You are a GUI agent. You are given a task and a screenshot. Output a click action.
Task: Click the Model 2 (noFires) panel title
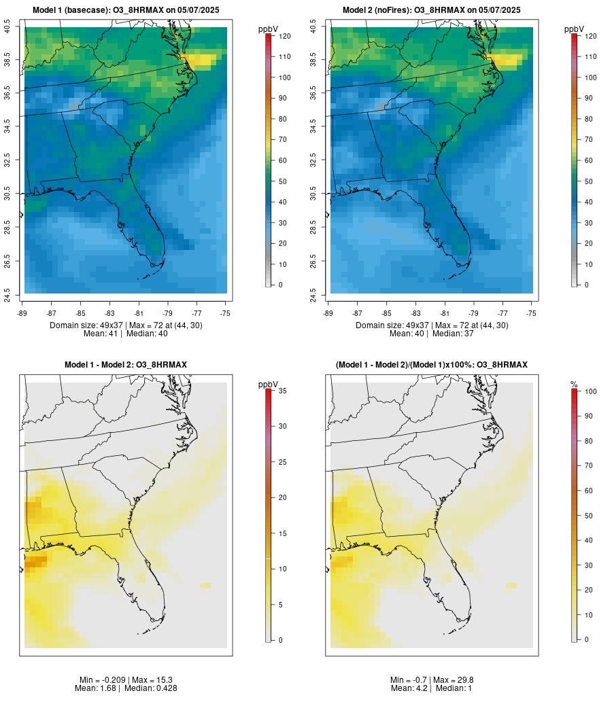click(432, 10)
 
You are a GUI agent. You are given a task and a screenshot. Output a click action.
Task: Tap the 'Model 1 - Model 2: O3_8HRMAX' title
click(126, 365)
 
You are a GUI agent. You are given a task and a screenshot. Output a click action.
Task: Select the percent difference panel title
click(432, 365)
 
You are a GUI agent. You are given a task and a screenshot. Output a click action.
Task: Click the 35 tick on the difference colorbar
click(281, 391)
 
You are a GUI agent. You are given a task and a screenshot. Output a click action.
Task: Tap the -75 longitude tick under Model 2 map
click(531, 313)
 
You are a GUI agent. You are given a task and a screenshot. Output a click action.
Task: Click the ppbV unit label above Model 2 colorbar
click(575, 29)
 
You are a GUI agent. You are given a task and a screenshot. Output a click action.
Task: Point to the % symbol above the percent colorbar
click(574, 385)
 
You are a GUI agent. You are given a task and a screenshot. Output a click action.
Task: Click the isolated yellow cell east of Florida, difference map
click(205, 585)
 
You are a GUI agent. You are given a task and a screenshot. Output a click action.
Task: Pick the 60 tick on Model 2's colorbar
click(586, 160)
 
